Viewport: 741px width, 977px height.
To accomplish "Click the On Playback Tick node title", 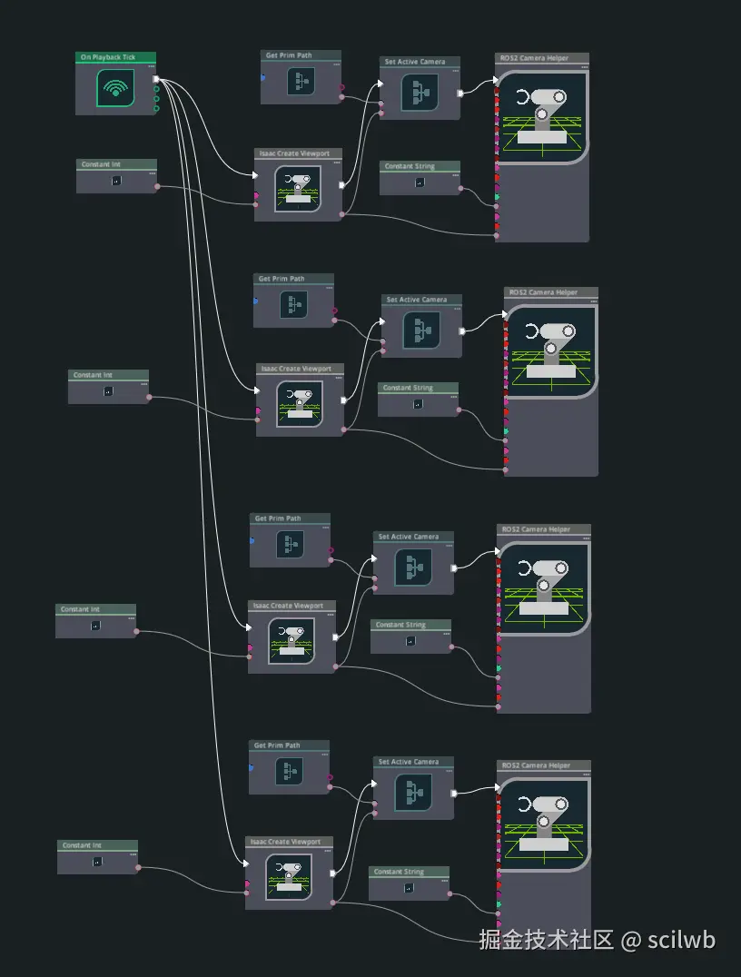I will [108, 57].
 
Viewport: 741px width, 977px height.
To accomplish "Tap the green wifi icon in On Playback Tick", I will [114, 88].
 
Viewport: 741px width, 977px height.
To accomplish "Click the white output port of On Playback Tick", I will [156, 80].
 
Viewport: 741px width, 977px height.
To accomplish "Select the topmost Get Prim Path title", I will [289, 55].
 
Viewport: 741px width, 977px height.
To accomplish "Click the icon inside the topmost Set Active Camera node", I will [420, 92].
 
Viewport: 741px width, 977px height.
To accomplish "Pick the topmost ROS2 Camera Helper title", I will [535, 58].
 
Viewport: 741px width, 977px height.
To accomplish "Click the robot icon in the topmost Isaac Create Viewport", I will [297, 189].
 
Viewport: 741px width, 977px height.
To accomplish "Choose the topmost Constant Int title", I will [101, 164].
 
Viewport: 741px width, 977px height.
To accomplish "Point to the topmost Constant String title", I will [410, 166].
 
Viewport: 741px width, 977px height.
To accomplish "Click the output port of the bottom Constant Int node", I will [138, 867].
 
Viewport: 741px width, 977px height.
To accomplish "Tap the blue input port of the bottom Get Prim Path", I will [251, 766].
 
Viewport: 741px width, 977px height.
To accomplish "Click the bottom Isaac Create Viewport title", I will [286, 842].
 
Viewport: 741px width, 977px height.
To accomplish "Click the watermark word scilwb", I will [681, 940].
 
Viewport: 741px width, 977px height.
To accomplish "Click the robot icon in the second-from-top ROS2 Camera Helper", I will [550, 350].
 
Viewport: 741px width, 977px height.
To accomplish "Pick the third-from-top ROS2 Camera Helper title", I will [535, 529].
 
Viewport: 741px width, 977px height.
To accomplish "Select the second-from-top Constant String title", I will [408, 388].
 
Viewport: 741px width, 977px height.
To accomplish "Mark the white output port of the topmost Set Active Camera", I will [460, 93].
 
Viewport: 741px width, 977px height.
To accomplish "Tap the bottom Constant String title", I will [400, 872].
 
